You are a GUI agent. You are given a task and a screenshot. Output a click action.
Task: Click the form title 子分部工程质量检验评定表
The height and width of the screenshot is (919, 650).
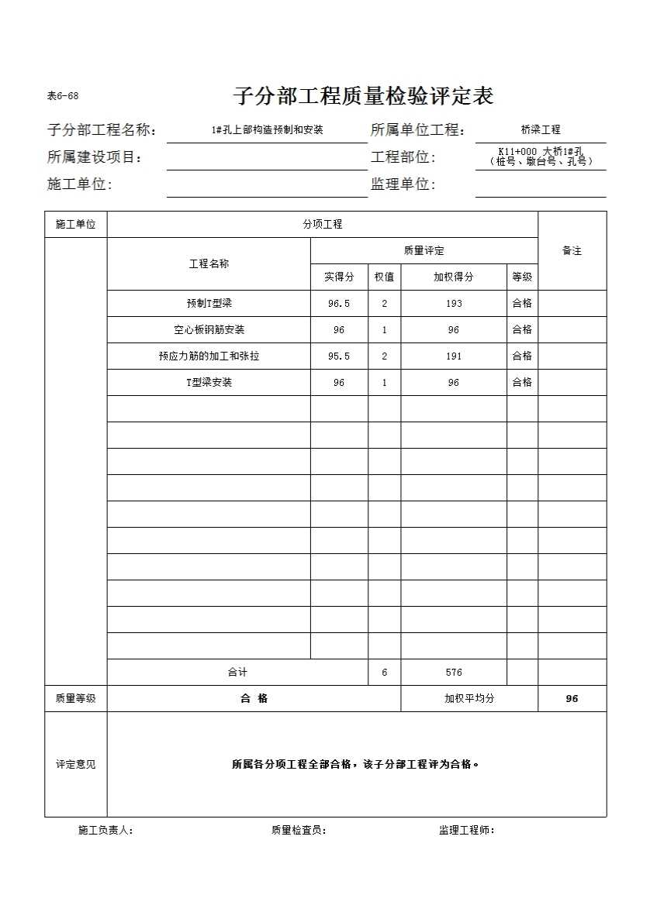[363, 97]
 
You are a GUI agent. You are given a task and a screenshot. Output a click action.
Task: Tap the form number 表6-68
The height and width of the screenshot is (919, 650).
[63, 97]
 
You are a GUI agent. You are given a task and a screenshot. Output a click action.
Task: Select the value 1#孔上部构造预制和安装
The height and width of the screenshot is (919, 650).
[267, 130]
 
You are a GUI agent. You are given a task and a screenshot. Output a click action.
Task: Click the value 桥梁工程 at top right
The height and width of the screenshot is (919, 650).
[541, 130]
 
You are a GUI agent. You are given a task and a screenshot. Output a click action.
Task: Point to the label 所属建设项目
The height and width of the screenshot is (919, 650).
[95, 157]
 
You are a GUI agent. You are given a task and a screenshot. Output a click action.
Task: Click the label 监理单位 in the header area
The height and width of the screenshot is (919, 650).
[403, 184]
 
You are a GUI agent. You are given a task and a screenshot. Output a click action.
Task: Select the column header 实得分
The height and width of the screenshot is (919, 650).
[339, 277]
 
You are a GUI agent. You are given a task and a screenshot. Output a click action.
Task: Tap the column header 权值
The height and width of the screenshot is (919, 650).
[384, 277]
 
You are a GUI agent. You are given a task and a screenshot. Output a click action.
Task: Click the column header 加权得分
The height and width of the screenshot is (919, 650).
[454, 277]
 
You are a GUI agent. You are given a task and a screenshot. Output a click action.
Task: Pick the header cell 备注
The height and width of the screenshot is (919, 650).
[572, 251]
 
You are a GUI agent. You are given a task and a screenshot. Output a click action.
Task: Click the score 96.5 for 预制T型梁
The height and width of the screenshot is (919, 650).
[339, 304]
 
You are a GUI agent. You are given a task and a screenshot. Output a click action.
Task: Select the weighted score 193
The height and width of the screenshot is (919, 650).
[454, 304]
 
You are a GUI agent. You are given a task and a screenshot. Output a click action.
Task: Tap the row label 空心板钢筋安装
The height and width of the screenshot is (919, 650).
[209, 330]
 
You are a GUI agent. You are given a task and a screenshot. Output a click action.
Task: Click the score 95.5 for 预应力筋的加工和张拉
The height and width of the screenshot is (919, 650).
[339, 356]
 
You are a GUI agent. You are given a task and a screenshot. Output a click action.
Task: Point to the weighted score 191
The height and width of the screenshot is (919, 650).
[454, 356]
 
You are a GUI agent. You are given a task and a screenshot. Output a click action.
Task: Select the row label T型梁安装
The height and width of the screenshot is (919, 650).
[209, 383]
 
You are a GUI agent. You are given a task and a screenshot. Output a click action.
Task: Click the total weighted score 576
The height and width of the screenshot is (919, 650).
[454, 673]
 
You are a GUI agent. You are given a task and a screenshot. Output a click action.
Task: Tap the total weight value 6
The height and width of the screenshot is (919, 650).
[384, 673]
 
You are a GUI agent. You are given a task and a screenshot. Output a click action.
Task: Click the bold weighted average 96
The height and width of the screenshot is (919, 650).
[572, 699]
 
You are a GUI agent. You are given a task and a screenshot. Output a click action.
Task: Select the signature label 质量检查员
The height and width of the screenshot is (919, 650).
[299, 831]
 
